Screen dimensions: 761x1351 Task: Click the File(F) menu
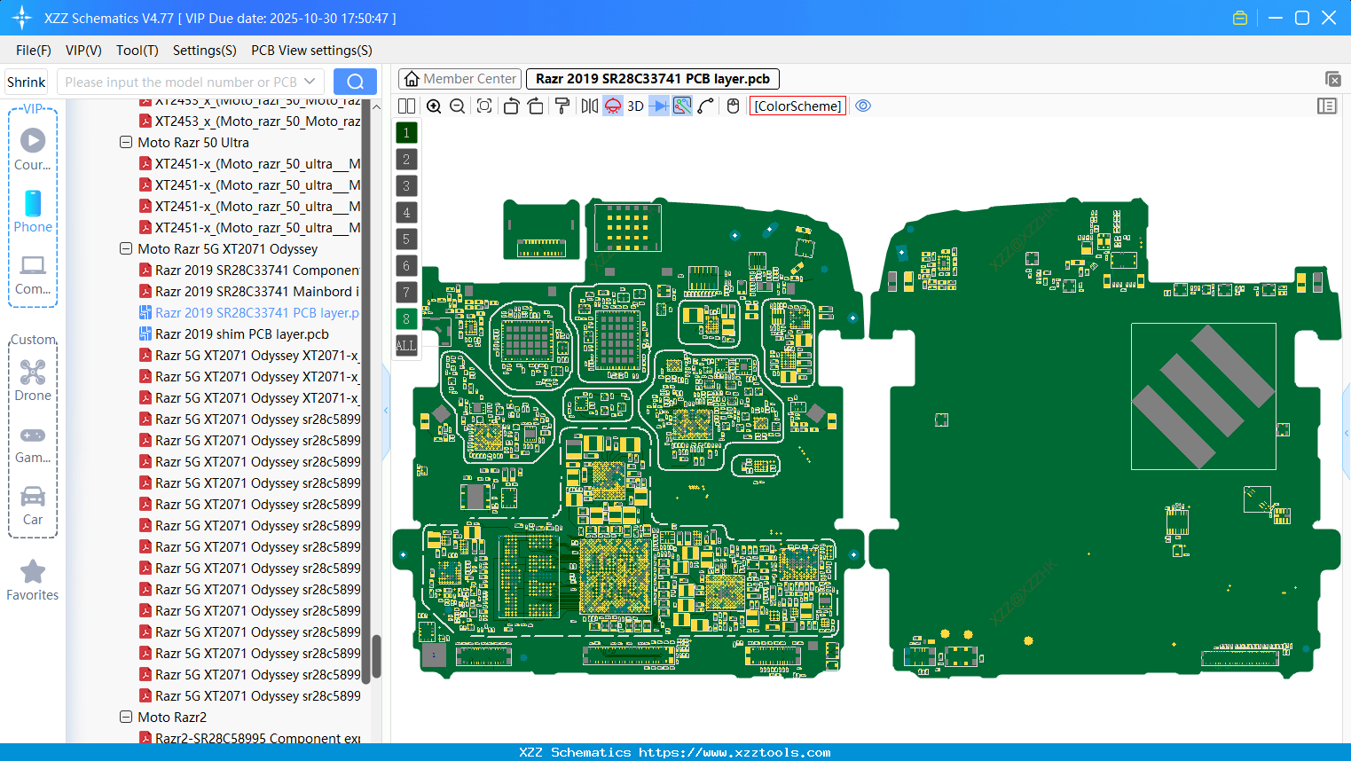click(33, 51)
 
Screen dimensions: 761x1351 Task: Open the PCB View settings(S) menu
click(311, 51)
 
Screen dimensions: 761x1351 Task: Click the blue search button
click(355, 82)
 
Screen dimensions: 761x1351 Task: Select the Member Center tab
click(459, 79)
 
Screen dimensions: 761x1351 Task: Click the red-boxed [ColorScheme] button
click(797, 106)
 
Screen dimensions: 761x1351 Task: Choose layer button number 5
click(406, 239)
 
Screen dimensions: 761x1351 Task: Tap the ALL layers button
click(406, 346)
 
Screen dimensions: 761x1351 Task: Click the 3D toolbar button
click(635, 106)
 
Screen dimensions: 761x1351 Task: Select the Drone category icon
click(33, 373)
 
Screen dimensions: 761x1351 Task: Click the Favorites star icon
click(33, 572)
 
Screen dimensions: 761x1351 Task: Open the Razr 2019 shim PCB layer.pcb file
click(241, 334)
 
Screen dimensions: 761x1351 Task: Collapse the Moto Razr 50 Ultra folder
click(126, 143)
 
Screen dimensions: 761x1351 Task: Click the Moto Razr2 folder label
click(172, 718)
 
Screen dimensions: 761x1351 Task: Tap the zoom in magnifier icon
click(434, 106)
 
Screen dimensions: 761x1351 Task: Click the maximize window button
click(1302, 18)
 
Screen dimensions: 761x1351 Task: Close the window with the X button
click(1329, 18)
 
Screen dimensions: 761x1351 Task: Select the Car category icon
click(33, 497)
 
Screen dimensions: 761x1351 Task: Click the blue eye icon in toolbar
click(863, 106)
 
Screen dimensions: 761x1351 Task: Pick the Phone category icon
click(33, 204)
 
